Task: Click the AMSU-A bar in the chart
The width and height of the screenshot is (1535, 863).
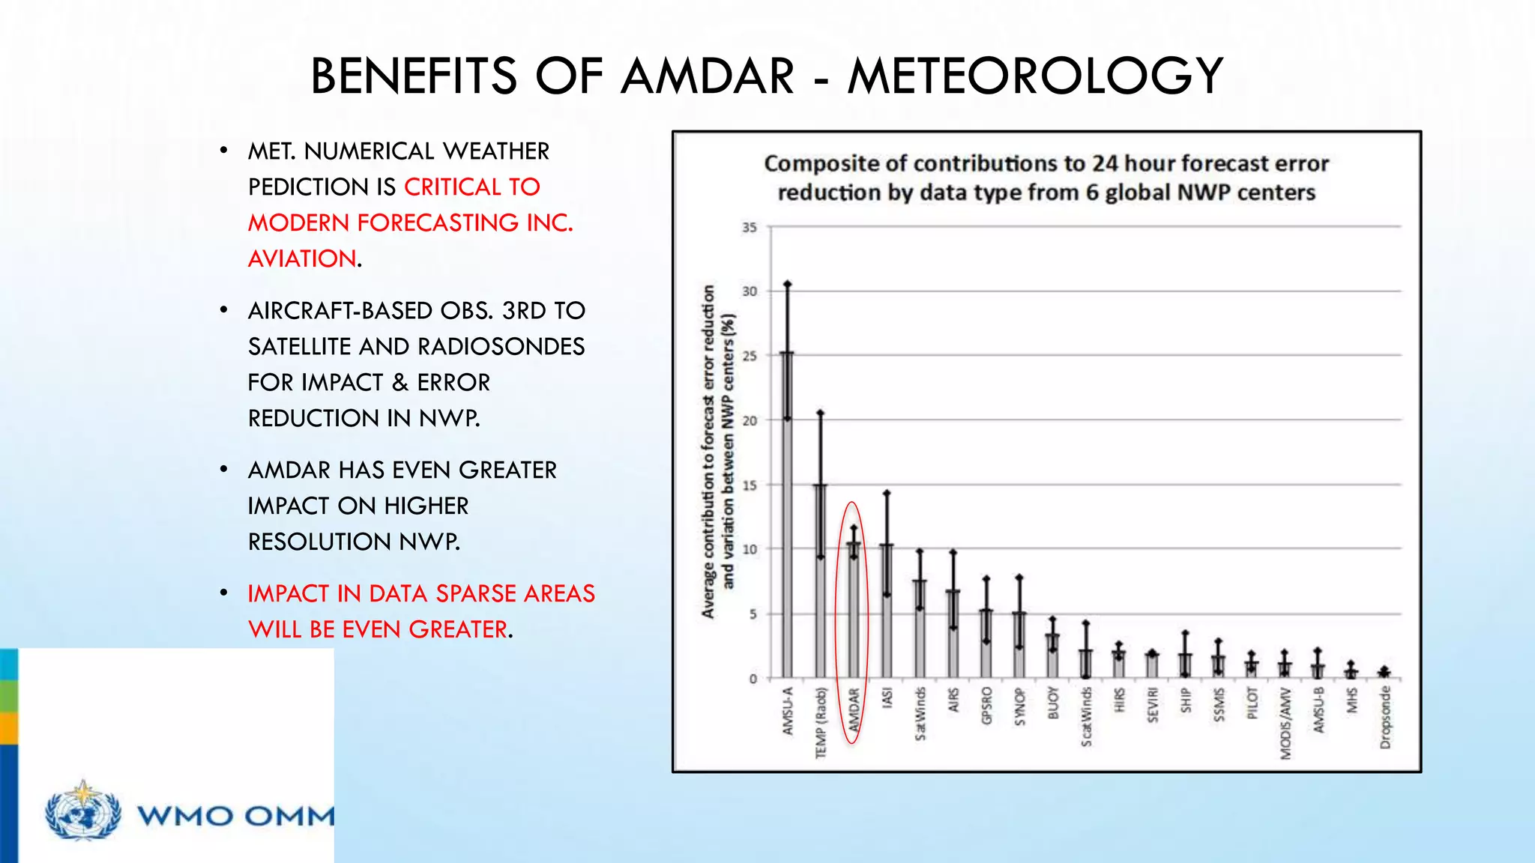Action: point(787,524)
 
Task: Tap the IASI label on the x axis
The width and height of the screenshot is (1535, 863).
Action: point(887,697)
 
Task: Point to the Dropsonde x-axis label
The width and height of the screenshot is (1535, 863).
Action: point(1384,718)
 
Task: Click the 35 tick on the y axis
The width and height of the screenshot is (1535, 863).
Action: point(750,227)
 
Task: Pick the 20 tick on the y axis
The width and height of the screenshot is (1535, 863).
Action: point(750,420)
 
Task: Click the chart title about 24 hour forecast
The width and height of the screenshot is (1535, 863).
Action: point(1046,178)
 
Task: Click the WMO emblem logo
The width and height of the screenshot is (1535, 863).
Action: point(82,811)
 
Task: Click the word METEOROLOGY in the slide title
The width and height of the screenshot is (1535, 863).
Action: point(1035,76)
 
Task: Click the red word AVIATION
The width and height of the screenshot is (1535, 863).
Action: point(302,258)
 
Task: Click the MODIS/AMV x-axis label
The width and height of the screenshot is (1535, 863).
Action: point(1285,723)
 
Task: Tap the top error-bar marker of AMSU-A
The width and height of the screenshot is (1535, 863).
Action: point(787,284)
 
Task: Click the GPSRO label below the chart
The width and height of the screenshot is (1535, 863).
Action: point(986,706)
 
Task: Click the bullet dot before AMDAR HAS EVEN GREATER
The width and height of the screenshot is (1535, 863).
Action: point(223,470)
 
